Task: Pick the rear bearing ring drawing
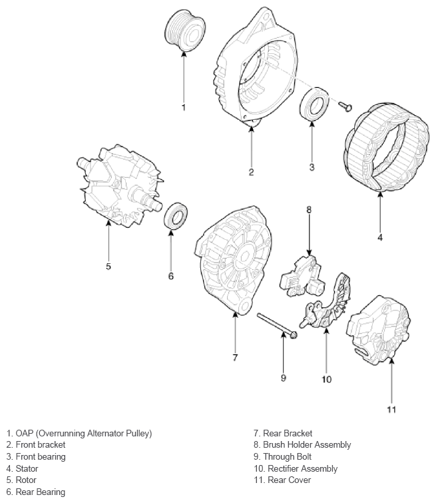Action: pos(176,216)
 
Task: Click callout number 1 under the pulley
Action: pos(184,107)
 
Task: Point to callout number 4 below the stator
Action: pos(380,236)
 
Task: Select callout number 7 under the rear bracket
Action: pos(235,357)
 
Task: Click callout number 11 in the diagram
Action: pos(391,409)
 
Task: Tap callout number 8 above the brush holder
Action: pos(309,209)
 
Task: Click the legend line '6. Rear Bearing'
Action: pos(36,492)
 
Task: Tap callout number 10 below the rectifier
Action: pos(326,380)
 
